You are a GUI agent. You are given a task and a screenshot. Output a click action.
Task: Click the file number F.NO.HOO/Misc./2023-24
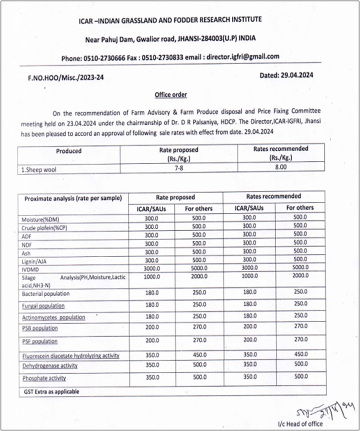click(x=65, y=77)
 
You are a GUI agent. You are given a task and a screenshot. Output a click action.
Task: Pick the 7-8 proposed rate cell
click(x=176, y=169)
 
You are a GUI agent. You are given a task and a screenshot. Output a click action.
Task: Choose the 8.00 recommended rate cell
click(x=280, y=168)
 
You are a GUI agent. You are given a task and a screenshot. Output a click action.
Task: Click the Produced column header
click(x=69, y=151)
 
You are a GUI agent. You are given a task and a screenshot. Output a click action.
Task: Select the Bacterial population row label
click(x=45, y=293)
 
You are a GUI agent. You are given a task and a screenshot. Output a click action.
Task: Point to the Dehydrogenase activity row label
click(x=49, y=365)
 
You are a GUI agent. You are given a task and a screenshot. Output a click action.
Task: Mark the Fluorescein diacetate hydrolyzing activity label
click(x=71, y=356)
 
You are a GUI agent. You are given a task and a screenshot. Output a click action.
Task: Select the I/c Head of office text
click(x=300, y=423)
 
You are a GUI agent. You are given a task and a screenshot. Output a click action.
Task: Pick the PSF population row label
click(x=39, y=341)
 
